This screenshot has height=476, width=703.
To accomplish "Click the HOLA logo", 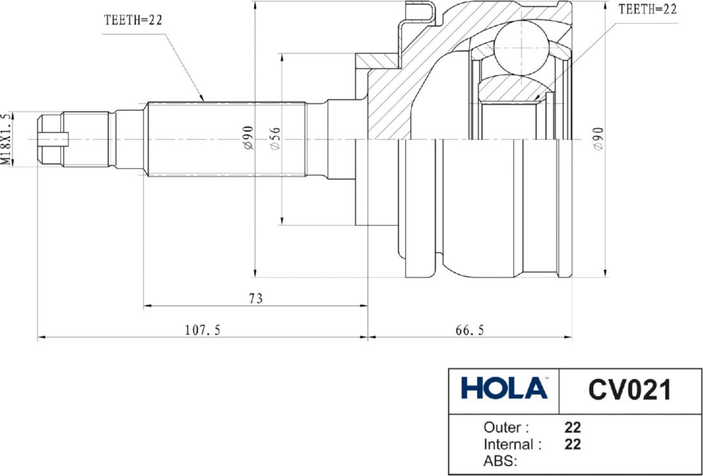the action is pyautogui.click(x=505, y=388).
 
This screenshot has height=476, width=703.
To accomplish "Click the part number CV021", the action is pyautogui.click(x=629, y=390).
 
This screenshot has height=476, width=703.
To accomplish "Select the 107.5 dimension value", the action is pyautogui.click(x=203, y=330).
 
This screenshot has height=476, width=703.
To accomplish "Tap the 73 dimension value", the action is pyautogui.click(x=256, y=298).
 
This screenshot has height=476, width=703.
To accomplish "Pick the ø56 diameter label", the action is pyautogui.click(x=275, y=138).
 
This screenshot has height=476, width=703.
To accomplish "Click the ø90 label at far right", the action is pyautogui.click(x=600, y=138).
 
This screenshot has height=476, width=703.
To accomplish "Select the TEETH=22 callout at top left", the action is pyautogui.click(x=132, y=20).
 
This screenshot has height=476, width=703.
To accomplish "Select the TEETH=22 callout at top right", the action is pyautogui.click(x=647, y=10).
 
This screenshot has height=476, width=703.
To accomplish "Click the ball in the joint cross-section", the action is pyautogui.click(x=522, y=48).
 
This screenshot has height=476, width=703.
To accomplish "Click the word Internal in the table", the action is pyautogui.click(x=509, y=444).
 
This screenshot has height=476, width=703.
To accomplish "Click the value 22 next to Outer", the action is pyautogui.click(x=572, y=427).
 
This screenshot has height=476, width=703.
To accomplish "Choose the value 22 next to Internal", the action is pyautogui.click(x=572, y=444).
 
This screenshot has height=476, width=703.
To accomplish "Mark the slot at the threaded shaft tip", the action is pyautogui.click(x=54, y=140).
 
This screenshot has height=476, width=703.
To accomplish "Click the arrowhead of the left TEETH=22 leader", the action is pyautogui.click(x=202, y=98).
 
